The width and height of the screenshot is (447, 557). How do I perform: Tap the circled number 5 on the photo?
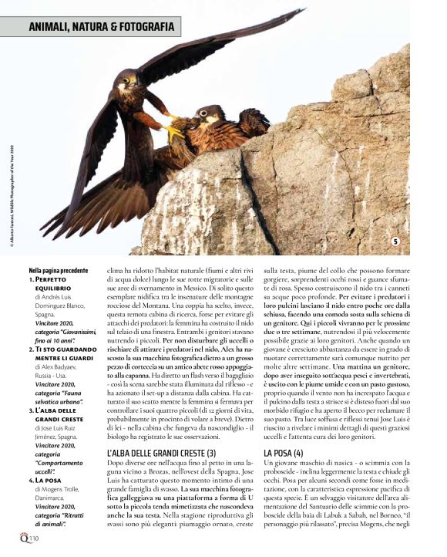pyautogui.click(x=395, y=242)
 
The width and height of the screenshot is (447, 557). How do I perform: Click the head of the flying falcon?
pyautogui.click(x=126, y=80)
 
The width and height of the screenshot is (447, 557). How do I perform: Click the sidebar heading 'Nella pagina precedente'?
pyautogui.click(x=59, y=271)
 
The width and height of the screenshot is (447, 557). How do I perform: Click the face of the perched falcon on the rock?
pyautogui.click(x=206, y=116)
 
